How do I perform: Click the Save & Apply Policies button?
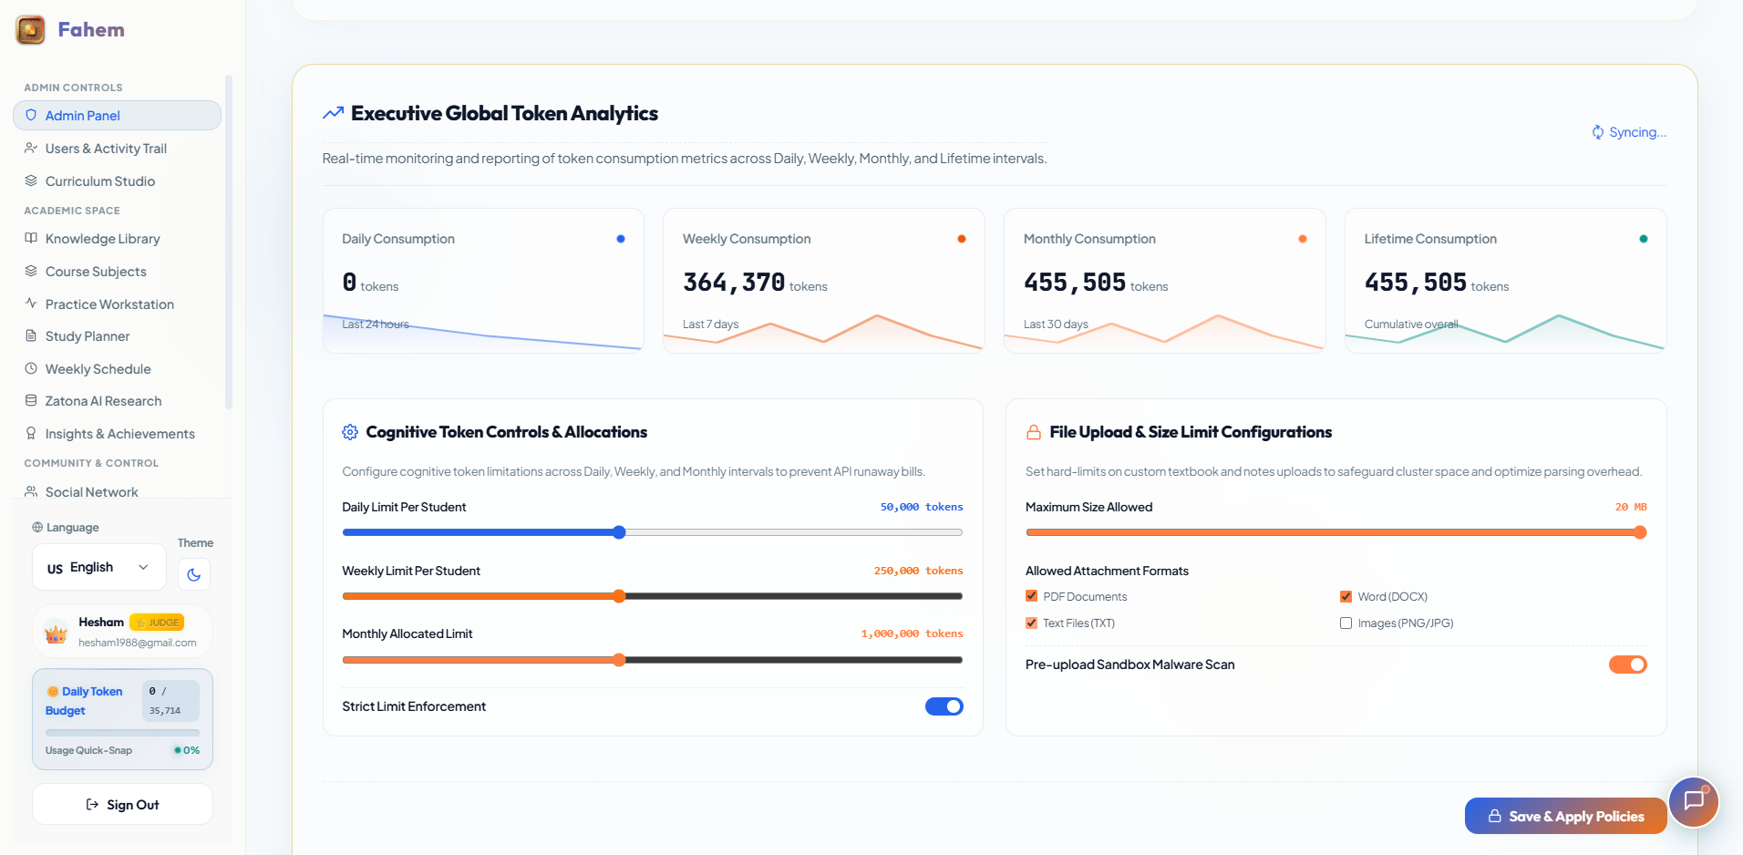[x=1565, y=816]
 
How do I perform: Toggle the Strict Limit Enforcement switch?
[x=944, y=706]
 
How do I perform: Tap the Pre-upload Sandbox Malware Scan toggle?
[x=1627, y=664]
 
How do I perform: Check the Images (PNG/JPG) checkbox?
[x=1346, y=623]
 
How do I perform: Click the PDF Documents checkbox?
[x=1031, y=596]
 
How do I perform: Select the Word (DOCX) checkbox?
[x=1346, y=596]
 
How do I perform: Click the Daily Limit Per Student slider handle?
[x=619, y=532]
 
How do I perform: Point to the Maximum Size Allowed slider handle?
[x=1640, y=532]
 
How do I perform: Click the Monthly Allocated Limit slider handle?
[x=619, y=660]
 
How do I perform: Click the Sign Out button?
[x=122, y=805]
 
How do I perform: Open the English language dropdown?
[x=98, y=567]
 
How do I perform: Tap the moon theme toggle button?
[x=194, y=574]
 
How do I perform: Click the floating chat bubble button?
[x=1694, y=801]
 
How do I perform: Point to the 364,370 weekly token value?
[x=734, y=283]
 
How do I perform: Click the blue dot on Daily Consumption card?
[x=621, y=239]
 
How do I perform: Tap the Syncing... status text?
[x=1629, y=132]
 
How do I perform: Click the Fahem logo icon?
[x=30, y=30]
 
